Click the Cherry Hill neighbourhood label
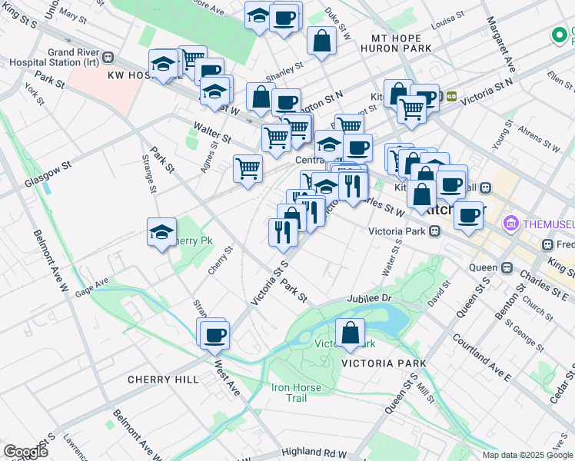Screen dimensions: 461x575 tap(163, 380)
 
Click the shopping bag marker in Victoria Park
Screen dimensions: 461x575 tap(350, 333)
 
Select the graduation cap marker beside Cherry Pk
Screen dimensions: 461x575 tap(161, 233)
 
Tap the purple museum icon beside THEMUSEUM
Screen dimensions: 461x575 tap(510, 224)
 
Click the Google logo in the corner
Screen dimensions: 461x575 tap(25, 452)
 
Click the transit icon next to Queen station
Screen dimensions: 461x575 tap(507, 267)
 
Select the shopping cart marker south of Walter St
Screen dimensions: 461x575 tap(248, 168)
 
